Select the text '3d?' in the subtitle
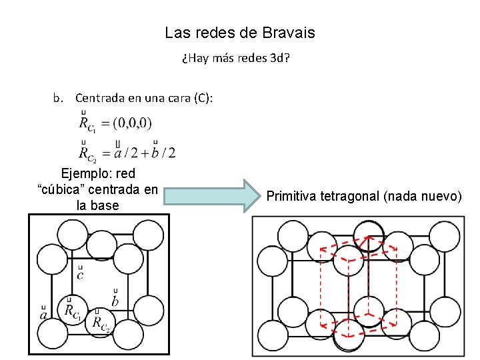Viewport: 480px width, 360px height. [x=279, y=58]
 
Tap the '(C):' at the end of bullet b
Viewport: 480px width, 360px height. [x=203, y=98]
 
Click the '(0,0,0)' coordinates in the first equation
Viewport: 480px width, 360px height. [x=133, y=123]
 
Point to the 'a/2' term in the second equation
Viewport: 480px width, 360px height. [x=125, y=153]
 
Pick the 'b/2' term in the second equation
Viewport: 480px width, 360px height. [x=164, y=153]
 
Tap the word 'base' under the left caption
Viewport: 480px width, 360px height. [x=105, y=205]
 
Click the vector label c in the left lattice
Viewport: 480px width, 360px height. [x=81, y=274]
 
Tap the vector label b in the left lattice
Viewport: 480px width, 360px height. [x=115, y=301]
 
